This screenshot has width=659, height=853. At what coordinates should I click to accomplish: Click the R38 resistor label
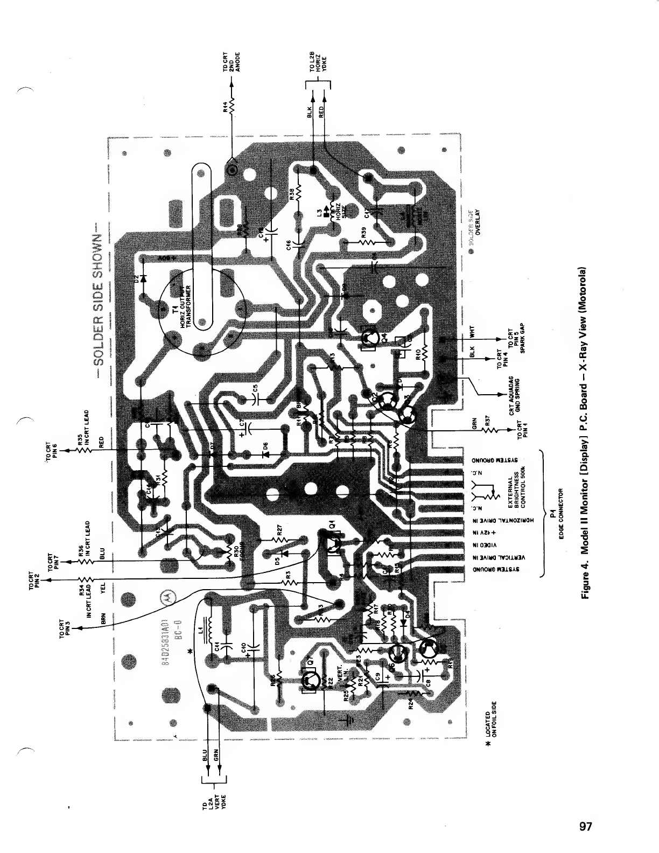(x=291, y=194)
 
